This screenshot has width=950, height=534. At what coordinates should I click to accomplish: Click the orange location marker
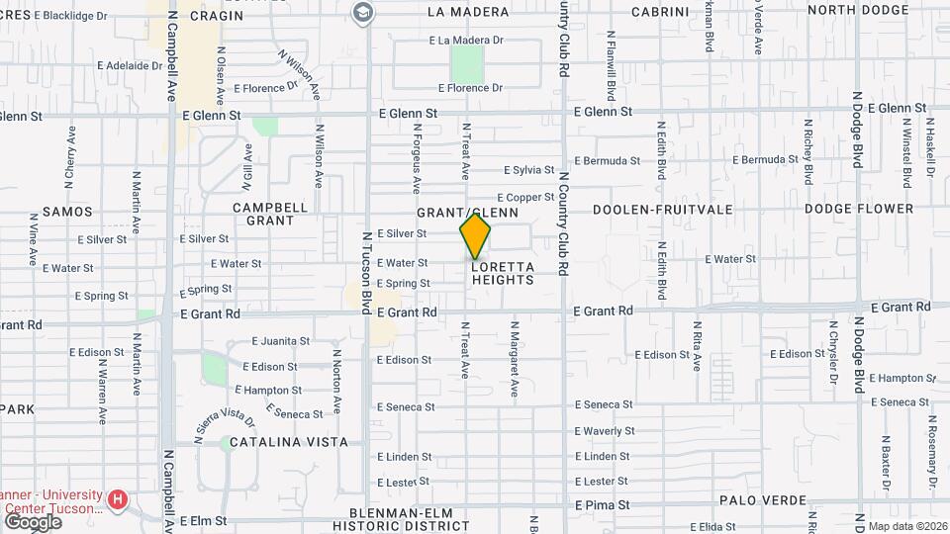point(475,235)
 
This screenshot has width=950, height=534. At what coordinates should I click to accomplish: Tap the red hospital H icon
point(119,499)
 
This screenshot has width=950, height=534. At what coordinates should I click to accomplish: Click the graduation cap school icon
point(362,12)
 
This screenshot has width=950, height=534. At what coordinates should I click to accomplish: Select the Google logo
point(33,521)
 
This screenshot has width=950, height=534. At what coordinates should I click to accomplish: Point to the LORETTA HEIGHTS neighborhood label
point(503,273)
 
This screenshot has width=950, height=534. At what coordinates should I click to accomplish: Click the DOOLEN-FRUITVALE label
point(663,210)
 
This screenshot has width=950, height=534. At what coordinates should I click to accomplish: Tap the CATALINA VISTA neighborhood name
point(289,442)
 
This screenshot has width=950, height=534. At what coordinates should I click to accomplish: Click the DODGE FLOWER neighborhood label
point(858,209)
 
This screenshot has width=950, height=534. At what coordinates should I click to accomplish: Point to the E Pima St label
point(602,504)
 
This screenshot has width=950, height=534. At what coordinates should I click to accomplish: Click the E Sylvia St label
point(529,170)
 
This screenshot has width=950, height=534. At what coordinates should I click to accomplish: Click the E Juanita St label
point(280,341)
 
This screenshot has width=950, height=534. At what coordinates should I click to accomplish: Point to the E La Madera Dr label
point(466,41)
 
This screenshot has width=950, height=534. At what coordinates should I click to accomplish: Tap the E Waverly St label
point(605,431)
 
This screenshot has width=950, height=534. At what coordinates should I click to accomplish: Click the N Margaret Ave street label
point(514,358)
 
